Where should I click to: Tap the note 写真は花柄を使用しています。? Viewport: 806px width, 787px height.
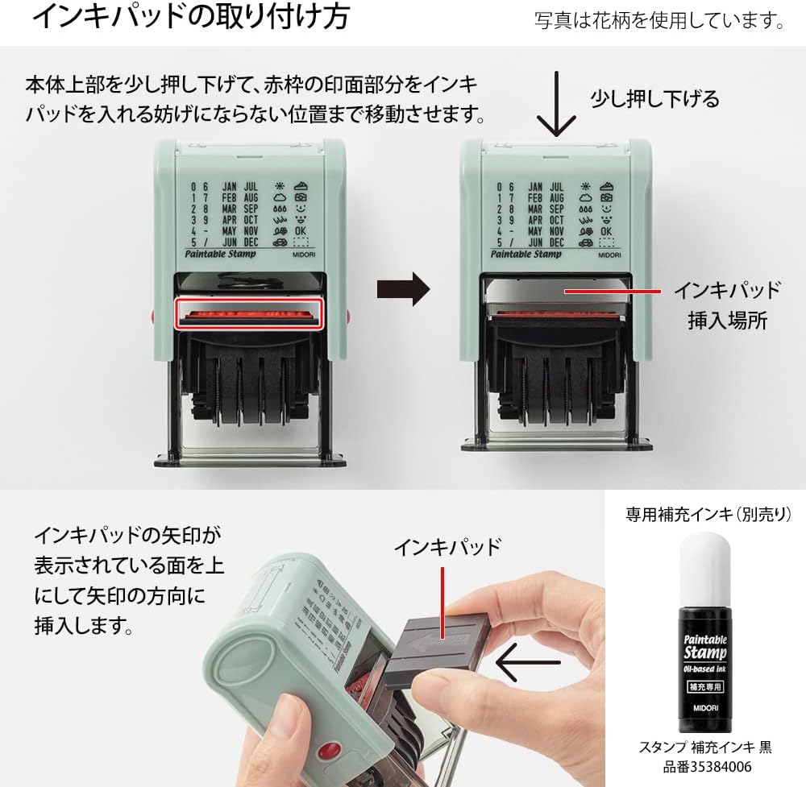coord(659,20)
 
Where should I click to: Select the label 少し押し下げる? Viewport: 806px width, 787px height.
coord(654,99)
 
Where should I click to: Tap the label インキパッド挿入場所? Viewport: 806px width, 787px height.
coord(727,304)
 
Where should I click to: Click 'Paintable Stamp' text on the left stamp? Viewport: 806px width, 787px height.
coord(220,254)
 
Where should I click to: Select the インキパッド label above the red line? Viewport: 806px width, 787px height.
coord(447,547)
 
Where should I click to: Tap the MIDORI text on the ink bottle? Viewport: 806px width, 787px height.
coord(705,709)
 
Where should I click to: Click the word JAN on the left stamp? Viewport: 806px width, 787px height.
coord(229,186)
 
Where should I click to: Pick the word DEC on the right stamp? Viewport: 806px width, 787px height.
coord(557,242)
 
